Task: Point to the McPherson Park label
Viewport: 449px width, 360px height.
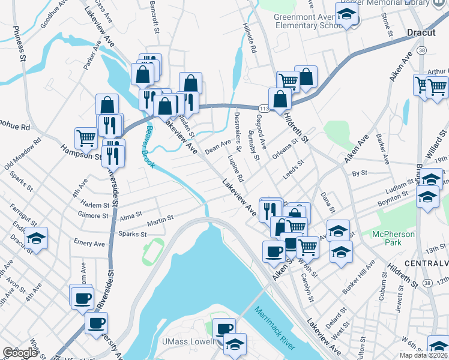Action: tap(393, 238)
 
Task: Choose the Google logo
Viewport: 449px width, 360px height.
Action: tap(19, 353)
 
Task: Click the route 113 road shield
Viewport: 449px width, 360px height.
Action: tap(265, 107)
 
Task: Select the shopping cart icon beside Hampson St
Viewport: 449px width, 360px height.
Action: tap(86, 137)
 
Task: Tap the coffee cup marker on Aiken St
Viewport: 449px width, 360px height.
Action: tap(274, 250)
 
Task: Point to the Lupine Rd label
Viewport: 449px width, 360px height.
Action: tap(235, 169)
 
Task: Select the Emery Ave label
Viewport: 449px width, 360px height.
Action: tap(89, 244)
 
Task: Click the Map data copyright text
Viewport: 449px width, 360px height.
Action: tap(424, 355)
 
